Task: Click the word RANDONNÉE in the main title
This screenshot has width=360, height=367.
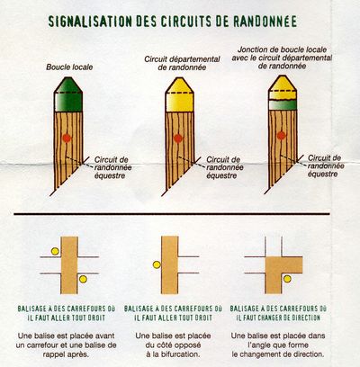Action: pyautogui.click(x=265, y=22)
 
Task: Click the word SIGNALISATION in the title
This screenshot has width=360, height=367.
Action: pyautogui.click(x=90, y=22)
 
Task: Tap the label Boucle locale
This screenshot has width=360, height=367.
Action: pyautogui.click(x=69, y=67)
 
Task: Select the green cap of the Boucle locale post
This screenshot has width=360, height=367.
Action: pyautogui.click(x=68, y=94)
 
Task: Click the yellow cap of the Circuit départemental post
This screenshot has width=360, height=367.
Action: pyautogui.click(x=180, y=94)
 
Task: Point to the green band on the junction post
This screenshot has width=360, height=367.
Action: pyautogui.click(x=283, y=105)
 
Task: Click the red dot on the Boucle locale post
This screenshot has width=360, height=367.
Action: pyautogui.click(x=67, y=139)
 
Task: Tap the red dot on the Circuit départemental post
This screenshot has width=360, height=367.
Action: pyautogui.click(x=178, y=139)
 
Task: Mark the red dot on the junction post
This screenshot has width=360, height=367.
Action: pyautogui.click(x=281, y=136)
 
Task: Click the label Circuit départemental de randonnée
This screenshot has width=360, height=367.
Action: pyautogui.click(x=182, y=63)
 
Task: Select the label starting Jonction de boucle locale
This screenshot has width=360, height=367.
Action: pyautogui.click(x=282, y=58)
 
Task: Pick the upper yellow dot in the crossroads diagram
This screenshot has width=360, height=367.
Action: pyautogui.click(x=55, y=251)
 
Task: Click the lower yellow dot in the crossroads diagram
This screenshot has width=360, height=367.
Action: pyautogui.click(x=83, y=279)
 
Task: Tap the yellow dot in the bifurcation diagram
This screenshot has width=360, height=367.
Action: pyautogui.click(x=157, y=264)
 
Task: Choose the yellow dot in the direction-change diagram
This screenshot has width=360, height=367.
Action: pyautogui.click(x=287, y=279)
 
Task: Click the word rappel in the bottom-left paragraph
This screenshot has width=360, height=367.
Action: pyautogui.click(x=53, y=354)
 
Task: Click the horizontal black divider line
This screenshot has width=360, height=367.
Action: pyautogui.click(x=172, y=214)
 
